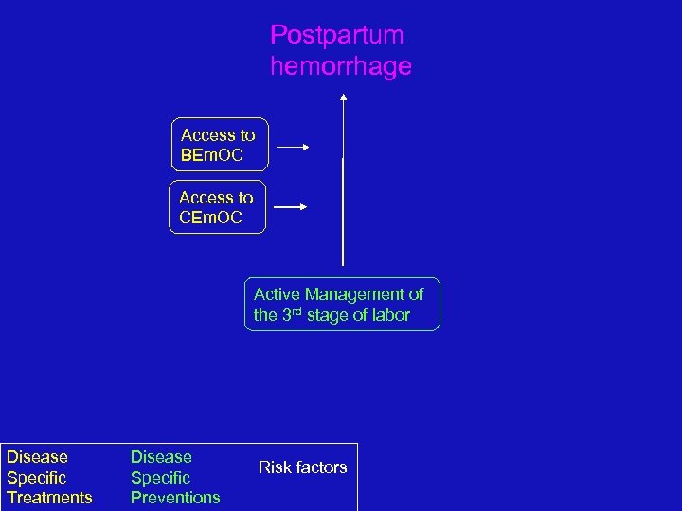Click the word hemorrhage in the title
pyautogui.click(x=340, y=67)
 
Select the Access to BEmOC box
pyautogui.click(x=219, y=144)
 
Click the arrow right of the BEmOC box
pyautogui.click(x=294, y=148)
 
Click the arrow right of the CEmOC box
pyautogui.click(x=294, y=207)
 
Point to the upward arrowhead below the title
pyautogui.click(x=343, y=96)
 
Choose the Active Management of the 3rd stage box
pyautogui.click(x=342, y=305)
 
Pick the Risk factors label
pyautogui.click(x=303, y=467)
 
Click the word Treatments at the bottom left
pyautogui.click(x=49, y=498)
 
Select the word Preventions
pyautogui.click(x=175, y=498)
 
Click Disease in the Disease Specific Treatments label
pyautogui.click(x=37, y=457)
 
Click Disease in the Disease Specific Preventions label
pyautogui.click(x=161, y=457)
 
